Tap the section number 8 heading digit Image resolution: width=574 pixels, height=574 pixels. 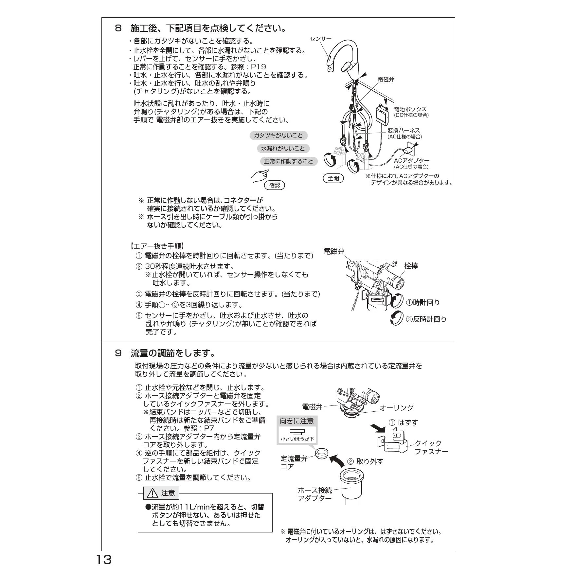pyautogui.click(x=118, y=28)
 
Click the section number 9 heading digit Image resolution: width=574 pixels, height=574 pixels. pyautogui.click(x=118, y=353)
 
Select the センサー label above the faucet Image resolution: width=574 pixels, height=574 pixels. pyautogui.click(x=321, y=39)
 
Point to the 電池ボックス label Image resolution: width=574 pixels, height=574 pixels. pyautogui.click(x=410, y=109)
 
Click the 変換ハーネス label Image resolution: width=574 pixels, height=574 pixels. pyautogui.click(x=404, y=131)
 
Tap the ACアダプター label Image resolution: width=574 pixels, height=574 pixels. pyautogui.click(x=411, y=161)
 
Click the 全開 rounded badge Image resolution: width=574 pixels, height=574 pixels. pyautogui.click(x=333, y=178)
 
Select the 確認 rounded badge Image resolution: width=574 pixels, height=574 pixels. pyautogui.click(x=275, y=185)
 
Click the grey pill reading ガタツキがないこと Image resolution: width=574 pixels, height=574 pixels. pyautogui.click(x=278, y=135)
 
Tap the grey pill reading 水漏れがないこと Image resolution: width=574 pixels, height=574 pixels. pyautogui.click(x=283, y=149)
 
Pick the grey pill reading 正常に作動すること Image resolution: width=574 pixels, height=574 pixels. pyautogui.click(x=289, y=161)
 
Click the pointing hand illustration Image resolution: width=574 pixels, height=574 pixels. pyautogui.click(x=260, y=176)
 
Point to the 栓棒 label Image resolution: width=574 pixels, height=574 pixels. pyautogui.click(x=411, y=266)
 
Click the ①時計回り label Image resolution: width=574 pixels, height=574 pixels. pyautogui.click(x=423, y=303)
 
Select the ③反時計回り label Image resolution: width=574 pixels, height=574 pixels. pyautogui.click(x=426, y=319)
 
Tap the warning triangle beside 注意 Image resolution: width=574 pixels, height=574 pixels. pyautogui.click(x=153, y=493)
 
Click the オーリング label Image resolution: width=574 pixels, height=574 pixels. pyautogui.click(x=397, y=407)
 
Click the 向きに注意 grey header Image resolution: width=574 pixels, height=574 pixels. pyautogui.click(x=296, y=421)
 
